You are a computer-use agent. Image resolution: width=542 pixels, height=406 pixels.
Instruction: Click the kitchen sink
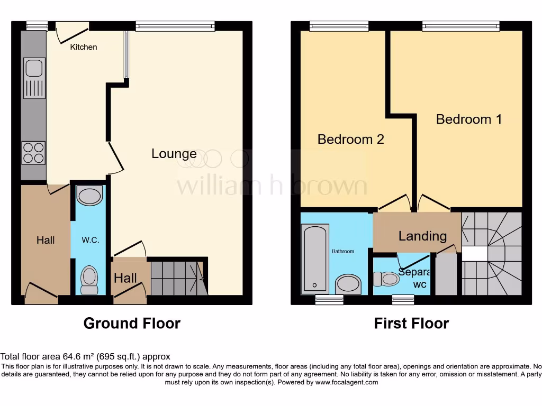33,68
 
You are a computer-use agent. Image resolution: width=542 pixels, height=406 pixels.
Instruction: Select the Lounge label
174,154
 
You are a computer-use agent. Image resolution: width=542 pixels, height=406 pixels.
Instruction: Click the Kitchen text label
84,47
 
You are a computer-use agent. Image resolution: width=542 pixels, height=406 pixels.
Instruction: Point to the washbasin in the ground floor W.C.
88,196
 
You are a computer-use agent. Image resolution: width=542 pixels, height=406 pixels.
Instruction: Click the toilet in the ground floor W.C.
89,279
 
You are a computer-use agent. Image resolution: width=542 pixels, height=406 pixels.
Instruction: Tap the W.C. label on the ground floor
90,240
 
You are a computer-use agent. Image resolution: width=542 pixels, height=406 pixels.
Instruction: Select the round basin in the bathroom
348,283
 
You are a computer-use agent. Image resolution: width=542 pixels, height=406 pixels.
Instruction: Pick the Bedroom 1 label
468,119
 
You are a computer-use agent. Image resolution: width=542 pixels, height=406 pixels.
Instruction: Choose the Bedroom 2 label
350,139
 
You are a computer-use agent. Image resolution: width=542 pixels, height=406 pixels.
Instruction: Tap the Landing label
422,236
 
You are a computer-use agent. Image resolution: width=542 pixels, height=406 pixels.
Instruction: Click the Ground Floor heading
132,323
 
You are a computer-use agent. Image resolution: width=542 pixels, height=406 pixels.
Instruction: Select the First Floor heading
411,323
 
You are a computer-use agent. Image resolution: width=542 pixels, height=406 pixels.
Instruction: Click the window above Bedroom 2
339,25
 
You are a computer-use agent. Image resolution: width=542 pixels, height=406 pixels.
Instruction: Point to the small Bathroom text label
343,251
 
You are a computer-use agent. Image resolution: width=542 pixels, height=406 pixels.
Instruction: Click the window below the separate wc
403,300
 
